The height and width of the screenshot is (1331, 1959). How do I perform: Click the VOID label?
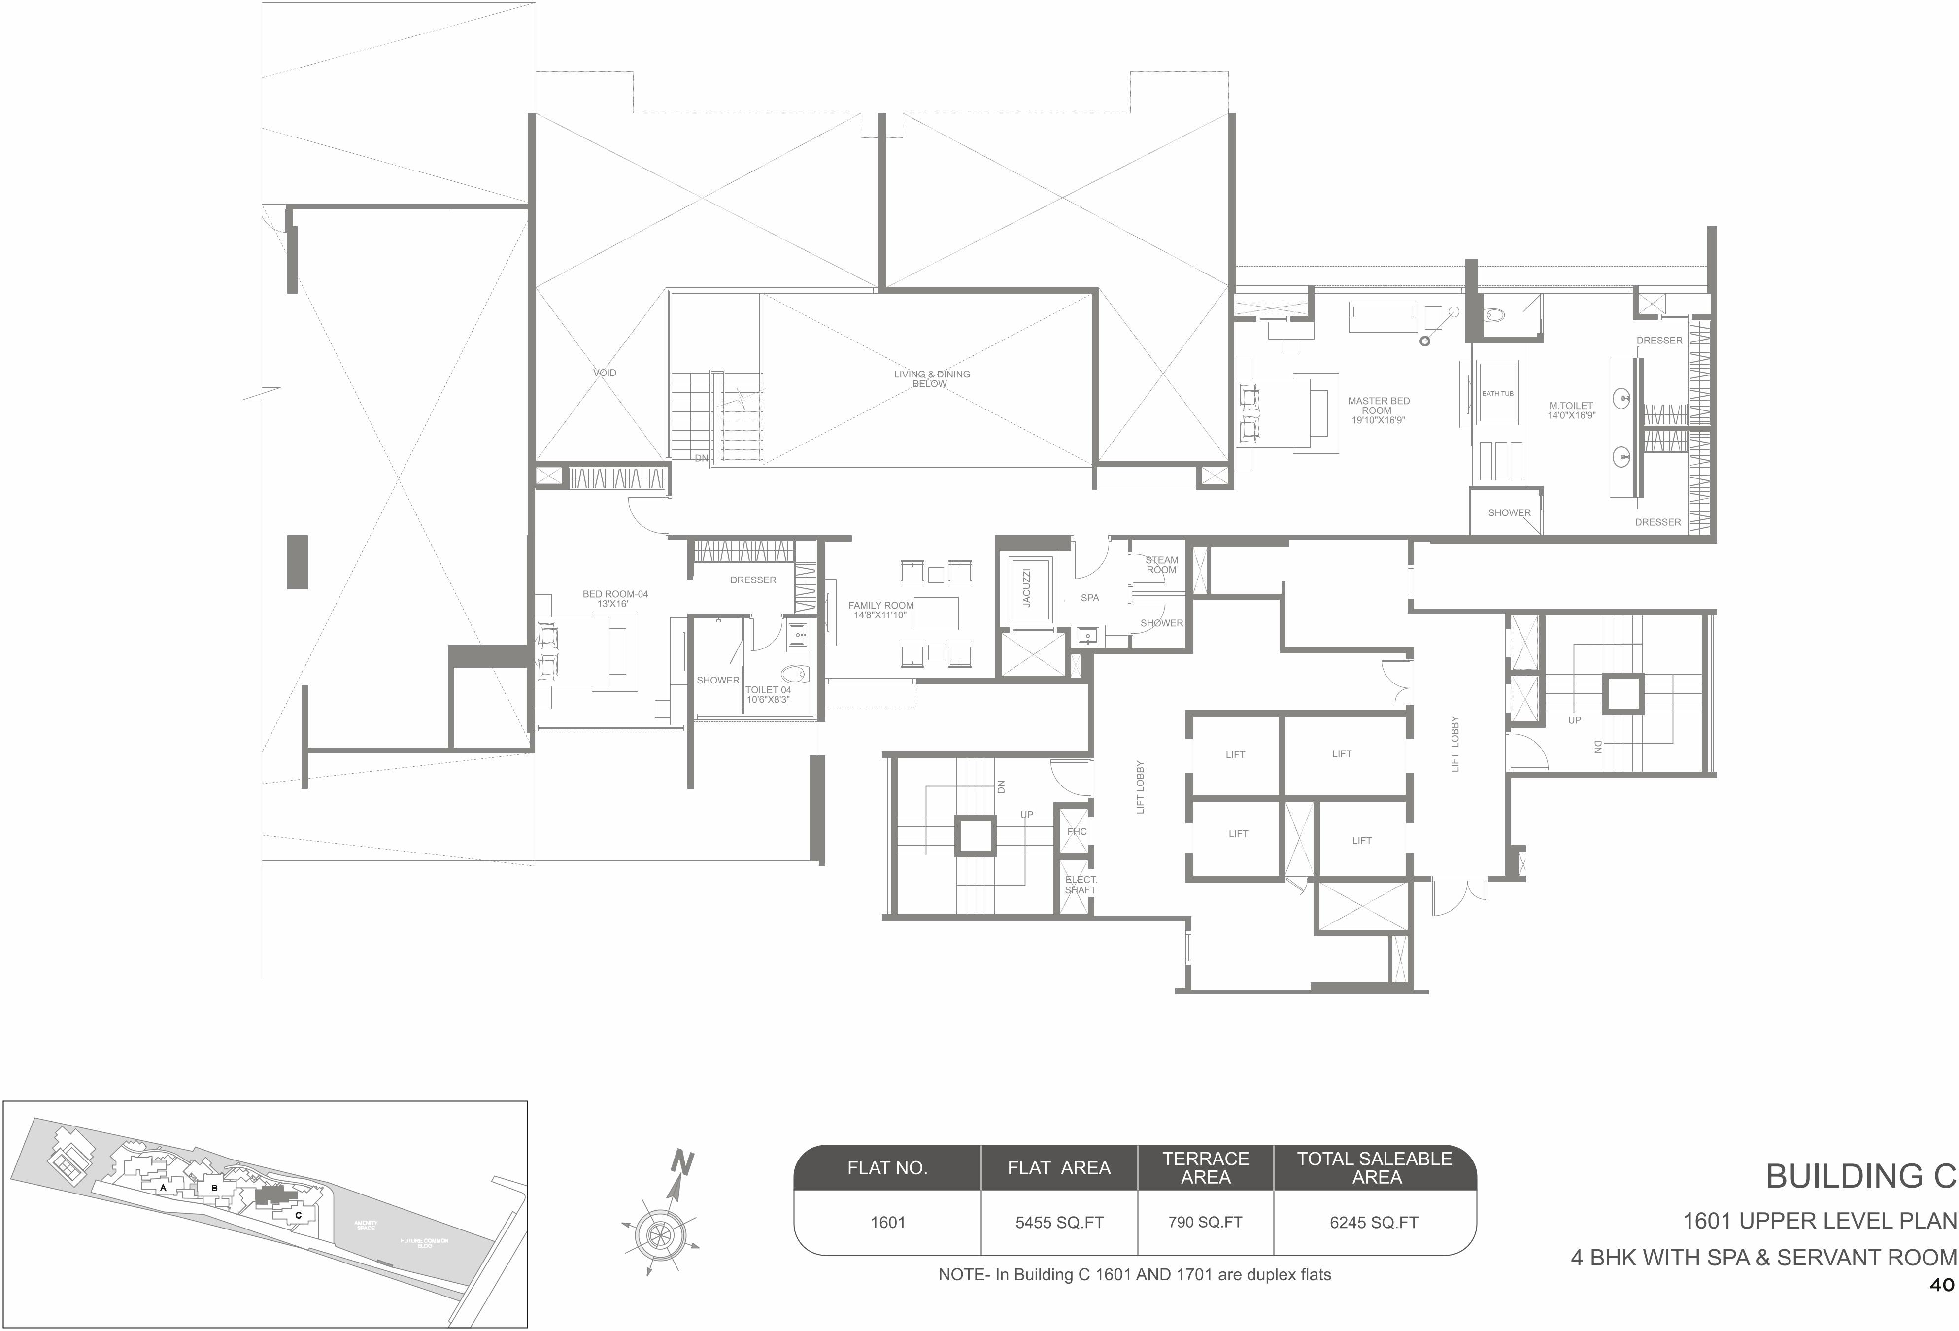coord(605,373)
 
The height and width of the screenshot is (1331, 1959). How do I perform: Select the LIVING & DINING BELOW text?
coord(931,378)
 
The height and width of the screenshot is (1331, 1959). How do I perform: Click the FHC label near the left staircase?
coord(1077,832)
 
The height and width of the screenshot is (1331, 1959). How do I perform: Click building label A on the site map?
coord(163,1188)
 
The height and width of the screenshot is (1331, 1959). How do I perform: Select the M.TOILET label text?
coord(1570,406)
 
